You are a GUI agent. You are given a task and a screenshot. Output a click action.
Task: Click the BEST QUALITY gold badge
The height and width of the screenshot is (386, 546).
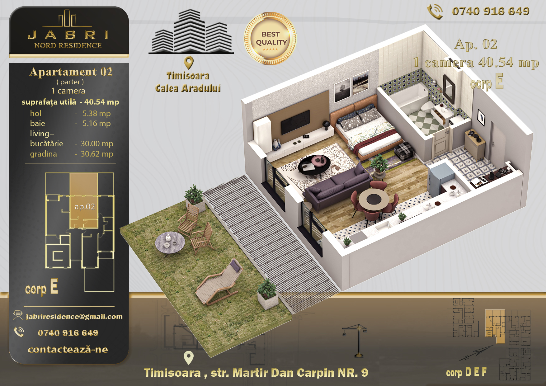pos(270,39)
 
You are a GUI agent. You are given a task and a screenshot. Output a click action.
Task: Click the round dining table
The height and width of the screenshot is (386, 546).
pos(374,200)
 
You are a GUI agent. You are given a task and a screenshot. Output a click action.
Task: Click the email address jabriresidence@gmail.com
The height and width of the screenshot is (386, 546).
pos(74,317)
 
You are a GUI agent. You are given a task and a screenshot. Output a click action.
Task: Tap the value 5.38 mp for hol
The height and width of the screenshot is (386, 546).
pos(96,114)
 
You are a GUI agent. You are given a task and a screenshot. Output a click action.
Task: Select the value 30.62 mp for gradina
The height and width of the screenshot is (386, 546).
pos(97,154)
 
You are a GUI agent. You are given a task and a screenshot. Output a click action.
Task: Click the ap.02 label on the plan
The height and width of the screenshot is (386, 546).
pos(85,207)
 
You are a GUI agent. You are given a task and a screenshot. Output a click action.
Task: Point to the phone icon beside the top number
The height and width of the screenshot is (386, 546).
pos(435,12)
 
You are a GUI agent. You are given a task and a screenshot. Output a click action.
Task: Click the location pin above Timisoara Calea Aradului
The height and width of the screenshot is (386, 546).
pos(189,63)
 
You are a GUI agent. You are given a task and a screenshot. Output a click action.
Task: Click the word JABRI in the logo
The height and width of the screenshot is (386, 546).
pos(68,35)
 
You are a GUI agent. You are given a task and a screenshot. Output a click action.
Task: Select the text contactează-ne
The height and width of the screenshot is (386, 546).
pos(68,350)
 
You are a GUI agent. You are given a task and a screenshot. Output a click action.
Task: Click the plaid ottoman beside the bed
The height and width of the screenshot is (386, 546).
pos(404,151)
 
